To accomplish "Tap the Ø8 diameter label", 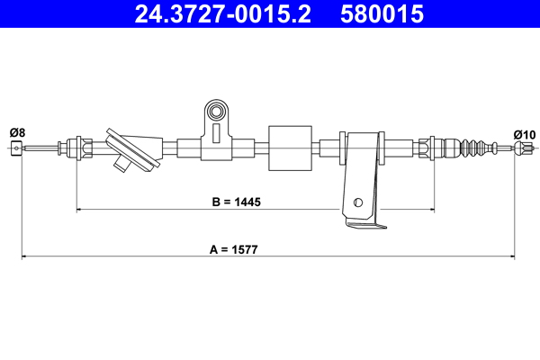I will [x=17, y=133].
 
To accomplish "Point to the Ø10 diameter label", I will [x=524, y=134].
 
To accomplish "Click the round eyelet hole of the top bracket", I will [x=217, y=112].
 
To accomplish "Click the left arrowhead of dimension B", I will [x=80, y=210].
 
